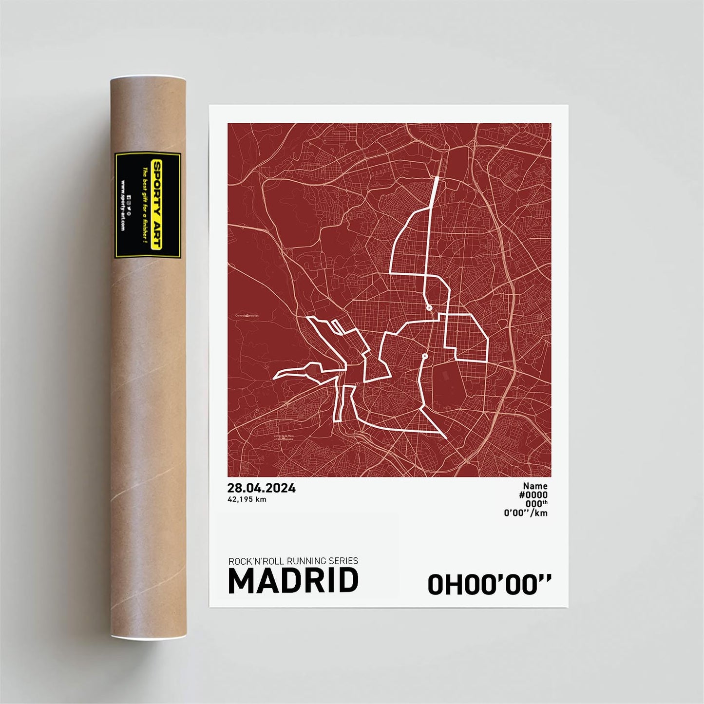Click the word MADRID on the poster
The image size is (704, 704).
coord(293,581)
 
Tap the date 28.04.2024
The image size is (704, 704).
coord(261,488)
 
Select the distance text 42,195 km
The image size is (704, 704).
coord(247,499)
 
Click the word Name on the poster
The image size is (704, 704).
coord(535,486)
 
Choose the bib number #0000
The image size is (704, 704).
coord(533,495)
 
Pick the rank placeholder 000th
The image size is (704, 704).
coord(536,504)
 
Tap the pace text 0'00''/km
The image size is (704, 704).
coord(526,513)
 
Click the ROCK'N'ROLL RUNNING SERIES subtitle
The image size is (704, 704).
coord(293,561)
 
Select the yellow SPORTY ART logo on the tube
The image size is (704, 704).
coord(157,205)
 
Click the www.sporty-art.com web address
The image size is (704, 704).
coord(122,206)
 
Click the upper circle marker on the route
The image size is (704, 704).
coord(429,308)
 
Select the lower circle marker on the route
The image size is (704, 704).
coord(424,356)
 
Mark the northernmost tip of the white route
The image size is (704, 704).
coord(437,178)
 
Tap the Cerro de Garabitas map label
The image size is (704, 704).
coord(247,316)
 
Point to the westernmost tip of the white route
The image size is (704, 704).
coord(274,377)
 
